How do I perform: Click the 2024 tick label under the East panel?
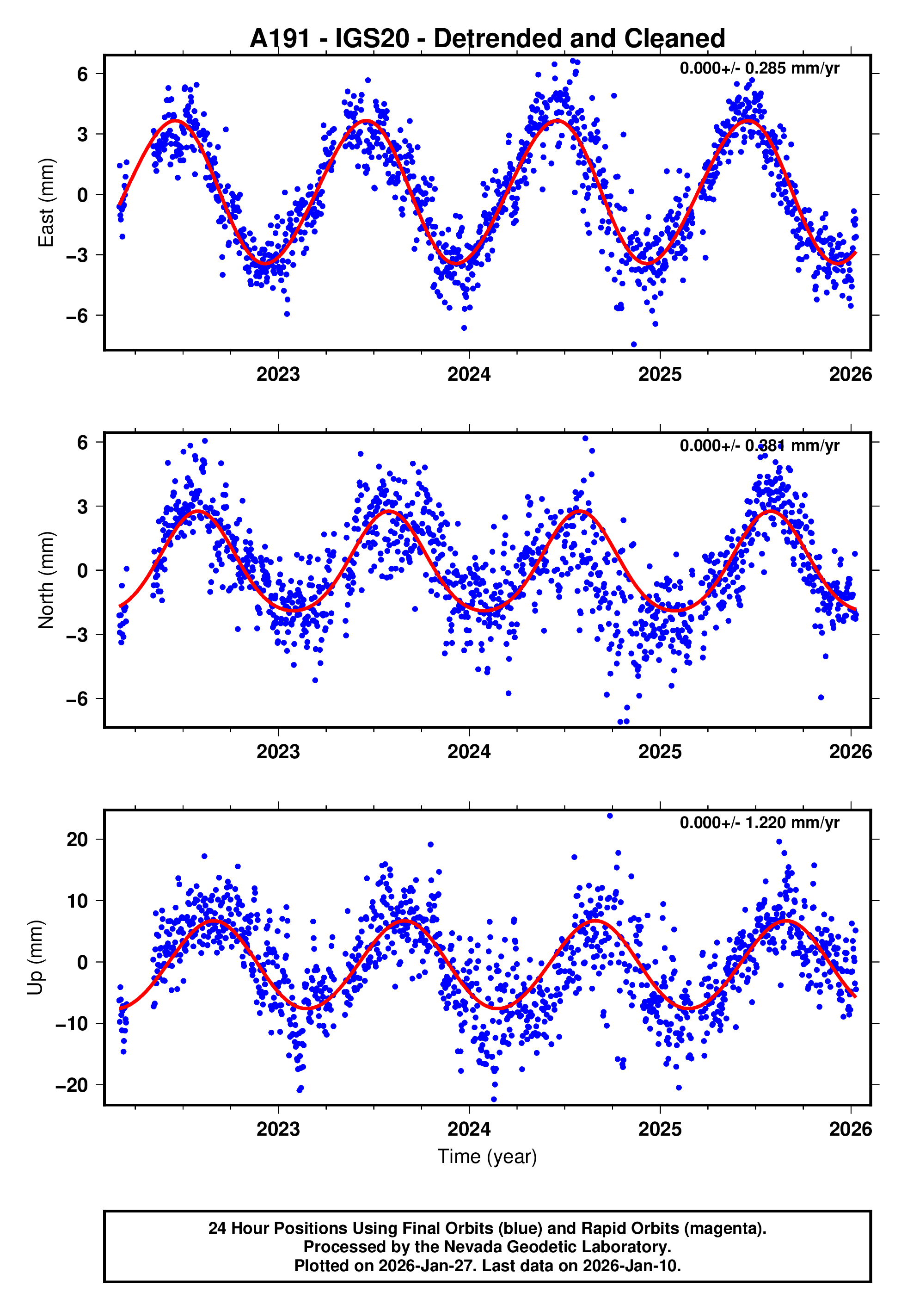click(469, 374)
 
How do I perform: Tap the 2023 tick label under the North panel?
click(278, 752)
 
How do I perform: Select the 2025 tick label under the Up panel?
click(660, 1129)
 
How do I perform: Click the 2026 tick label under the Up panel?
click(850, 1129)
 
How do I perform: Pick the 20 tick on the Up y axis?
click(77, 839)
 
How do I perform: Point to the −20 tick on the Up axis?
click(72, 1085)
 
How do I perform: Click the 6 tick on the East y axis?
click(83, 74)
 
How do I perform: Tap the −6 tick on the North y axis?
click(77, 699)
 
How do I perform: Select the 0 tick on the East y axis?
click(83, 194)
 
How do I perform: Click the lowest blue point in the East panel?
click(634, 345)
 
